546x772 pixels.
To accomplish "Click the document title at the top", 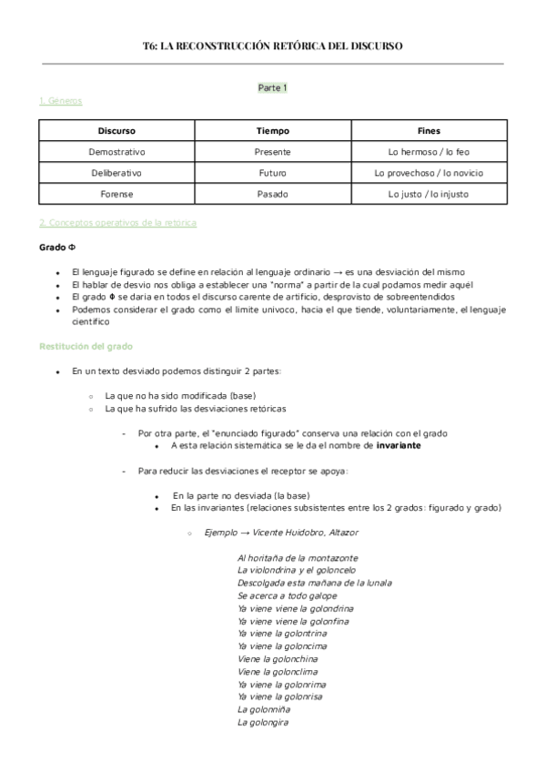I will [273, 46].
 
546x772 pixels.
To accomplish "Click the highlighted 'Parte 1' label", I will [273, 87].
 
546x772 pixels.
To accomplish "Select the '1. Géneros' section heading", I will [60, 101].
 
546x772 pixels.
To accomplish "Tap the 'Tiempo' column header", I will [272, 130].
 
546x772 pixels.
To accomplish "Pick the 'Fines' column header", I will [428, 130].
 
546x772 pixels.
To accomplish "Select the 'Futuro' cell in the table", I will [272, 172].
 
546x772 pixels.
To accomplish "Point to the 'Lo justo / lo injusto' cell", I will [428, 193].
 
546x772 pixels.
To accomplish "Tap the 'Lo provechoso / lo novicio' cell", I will [428, 172].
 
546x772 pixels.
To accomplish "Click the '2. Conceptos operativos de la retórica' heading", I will [117, 223].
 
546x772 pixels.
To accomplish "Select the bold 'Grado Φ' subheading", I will [56, 248].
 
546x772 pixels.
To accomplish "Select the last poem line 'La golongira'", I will [262, 722].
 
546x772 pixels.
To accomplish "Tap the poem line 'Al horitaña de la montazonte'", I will [297, 557].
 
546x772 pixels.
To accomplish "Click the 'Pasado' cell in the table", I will [272, 193].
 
